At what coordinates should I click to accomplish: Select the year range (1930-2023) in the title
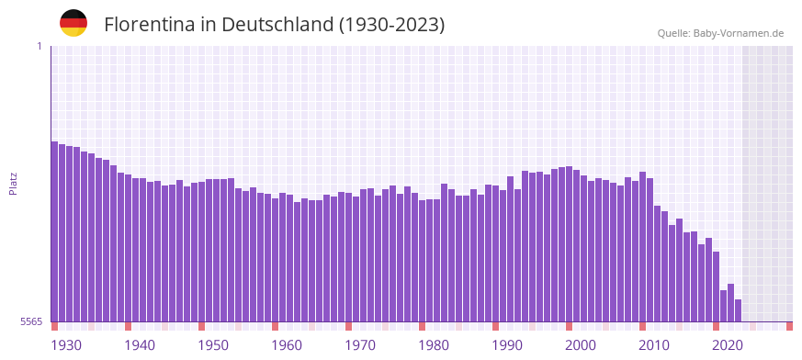tap(391, 25)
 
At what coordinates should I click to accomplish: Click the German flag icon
tap(73, 23)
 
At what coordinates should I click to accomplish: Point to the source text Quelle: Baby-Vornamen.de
tap(720, 33)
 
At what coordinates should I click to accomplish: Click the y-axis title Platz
tap(13, 183)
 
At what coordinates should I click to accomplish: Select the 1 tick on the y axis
tap(39, 46)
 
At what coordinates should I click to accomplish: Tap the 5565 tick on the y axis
tap(30, 321)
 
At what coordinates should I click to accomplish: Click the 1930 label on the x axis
tap(66, 345)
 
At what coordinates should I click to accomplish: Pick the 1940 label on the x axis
tap(140, 345)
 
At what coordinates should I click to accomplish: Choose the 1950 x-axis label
tap(213, 345)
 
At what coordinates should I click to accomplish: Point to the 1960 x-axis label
tap(287, 345)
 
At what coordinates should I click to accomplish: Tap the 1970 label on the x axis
tap(360, 345)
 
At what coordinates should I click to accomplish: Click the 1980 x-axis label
tap(434, 345)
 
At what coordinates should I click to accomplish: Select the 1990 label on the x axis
tap(507, 345)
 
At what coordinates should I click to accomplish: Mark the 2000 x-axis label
tap(581, 345)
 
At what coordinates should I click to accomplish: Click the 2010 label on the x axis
tap(654, 345)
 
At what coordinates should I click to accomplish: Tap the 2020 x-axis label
tap(728, 345)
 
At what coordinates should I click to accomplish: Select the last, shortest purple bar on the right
tap(738, 310)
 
